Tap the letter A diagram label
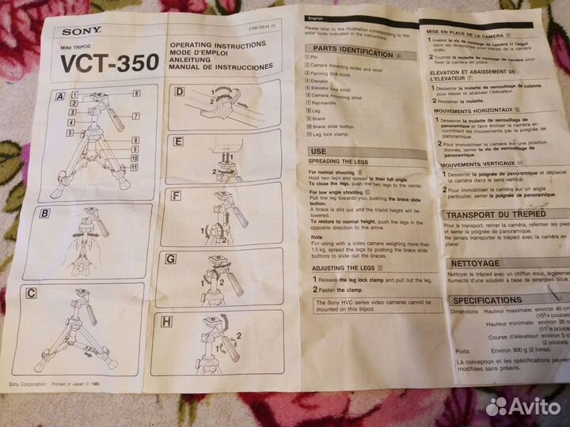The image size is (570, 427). pyautogui.click(x=59, y=99)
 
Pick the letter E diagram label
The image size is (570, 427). pyautogui.click(x=178, y=143)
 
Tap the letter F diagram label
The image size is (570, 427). pyautogui.click(x=176, y=195)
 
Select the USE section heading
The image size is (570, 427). pyautogui.click(x=318, y=150)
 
